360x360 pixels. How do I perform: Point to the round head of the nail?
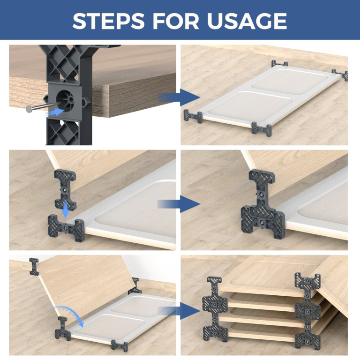click(29, 109)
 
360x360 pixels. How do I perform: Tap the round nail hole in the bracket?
click(65, 99)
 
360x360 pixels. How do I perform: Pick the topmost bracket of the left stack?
click(214, 285)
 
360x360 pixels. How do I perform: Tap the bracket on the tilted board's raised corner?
click(34, 265)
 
